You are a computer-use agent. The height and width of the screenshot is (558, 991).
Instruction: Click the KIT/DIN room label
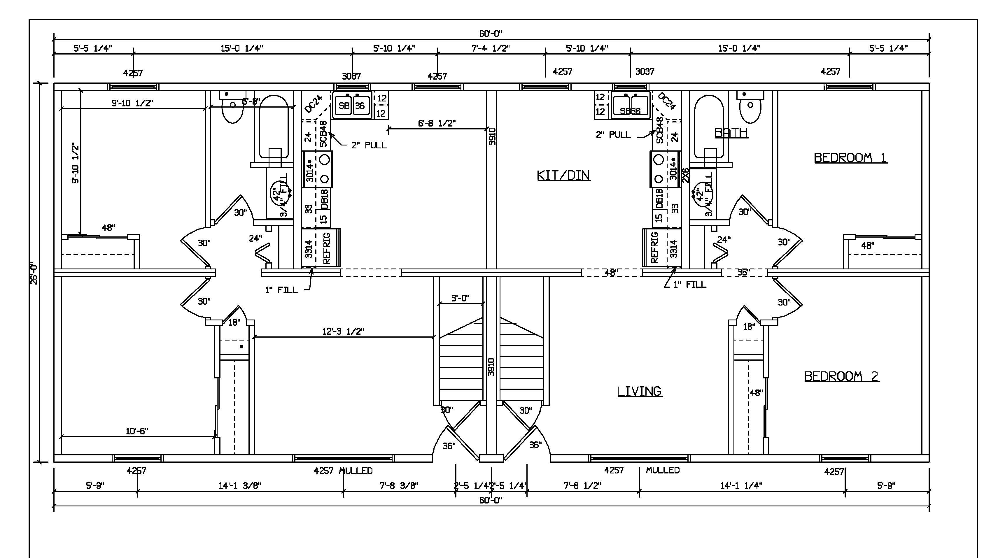[563, 176]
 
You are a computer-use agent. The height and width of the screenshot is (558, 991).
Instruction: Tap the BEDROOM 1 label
[850, 158]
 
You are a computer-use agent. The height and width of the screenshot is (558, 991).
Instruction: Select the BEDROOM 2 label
[841, 376]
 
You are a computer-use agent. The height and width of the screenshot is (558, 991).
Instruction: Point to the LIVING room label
[639, 391]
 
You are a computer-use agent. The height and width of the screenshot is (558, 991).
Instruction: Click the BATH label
[731, 133]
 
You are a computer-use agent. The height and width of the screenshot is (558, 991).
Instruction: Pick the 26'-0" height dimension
[34, 273]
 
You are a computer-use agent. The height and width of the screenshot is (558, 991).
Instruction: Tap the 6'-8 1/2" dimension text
[437, 123]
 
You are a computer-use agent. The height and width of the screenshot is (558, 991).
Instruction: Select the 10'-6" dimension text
[136, 431]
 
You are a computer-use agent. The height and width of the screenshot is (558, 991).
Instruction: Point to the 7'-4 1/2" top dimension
[491, 48]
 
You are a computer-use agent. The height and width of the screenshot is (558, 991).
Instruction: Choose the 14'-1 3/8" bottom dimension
[240, 486]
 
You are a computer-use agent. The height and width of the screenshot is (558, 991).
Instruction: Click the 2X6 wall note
[685, 175]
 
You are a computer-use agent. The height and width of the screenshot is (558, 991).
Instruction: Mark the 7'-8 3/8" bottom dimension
[399, 486]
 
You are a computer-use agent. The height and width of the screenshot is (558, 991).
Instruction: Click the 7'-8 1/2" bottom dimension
[582, 486]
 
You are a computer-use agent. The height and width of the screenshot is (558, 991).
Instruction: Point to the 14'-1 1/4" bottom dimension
[741, 486]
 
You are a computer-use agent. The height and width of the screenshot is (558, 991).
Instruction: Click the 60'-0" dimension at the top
[491, 34]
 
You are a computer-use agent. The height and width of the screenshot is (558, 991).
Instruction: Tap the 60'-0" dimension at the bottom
[491, 500]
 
